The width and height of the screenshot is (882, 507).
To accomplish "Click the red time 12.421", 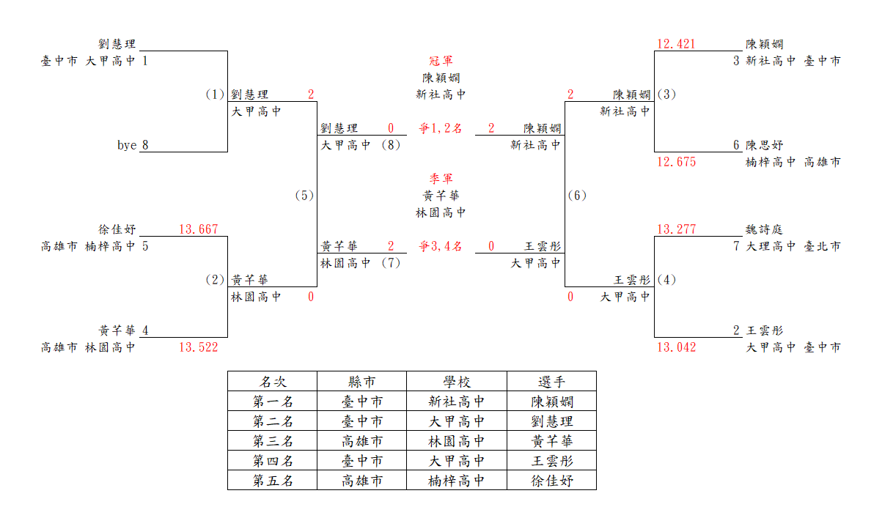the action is click(x=676, y=44).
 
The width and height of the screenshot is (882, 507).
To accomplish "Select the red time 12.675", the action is click(x=676, y=162).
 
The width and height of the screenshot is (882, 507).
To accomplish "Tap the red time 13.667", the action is click(x=199, y=229).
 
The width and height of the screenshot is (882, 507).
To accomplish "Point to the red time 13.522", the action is click(x=199, y=347).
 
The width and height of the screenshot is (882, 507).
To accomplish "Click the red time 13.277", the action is click(x=676, y=229).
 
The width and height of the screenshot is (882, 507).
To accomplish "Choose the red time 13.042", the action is click(x=676, y=347).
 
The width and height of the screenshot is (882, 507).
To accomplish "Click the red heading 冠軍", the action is click(x=441, y=61).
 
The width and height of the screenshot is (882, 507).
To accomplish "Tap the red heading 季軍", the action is click(x=441, y=179).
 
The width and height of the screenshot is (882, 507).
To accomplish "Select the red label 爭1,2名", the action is click(x=441, y=128).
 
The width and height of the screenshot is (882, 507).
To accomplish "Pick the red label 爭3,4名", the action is click(x=441, y=247).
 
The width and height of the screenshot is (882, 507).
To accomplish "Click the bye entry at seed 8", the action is click(x=127, y=145).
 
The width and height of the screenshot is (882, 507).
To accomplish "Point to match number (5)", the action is click(x=304, y=196).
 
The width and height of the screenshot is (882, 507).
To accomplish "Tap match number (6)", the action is click(x=577, y=196).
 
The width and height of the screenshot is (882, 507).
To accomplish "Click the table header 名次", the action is click(x=273, y=382).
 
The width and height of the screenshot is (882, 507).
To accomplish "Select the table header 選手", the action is click(x=551, y=382).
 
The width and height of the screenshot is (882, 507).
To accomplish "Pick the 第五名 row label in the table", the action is click(x=273, y=480).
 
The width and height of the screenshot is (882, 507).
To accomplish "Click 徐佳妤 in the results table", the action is click(x=551, y=480).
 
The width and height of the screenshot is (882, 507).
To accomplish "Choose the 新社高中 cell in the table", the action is click(x=456, y=401).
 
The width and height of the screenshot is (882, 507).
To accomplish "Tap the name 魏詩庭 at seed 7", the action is click(x=764, y=229).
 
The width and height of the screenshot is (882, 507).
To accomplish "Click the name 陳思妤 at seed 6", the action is click(x=764, y=145).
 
